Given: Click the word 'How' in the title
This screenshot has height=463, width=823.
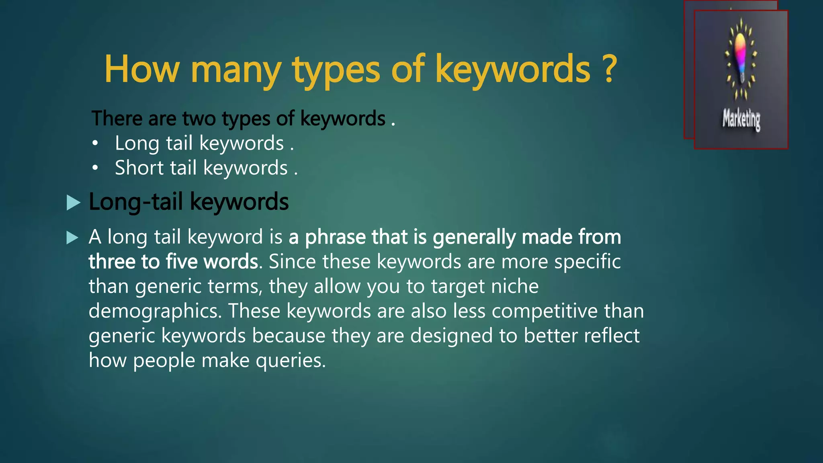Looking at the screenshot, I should click(x=141, y=69).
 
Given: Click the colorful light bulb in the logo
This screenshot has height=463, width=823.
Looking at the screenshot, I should click(x=740, y=52).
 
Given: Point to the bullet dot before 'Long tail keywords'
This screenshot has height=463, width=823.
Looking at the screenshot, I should click(x=95, y=143).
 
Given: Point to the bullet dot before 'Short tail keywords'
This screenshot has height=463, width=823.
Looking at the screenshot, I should click(x=95, y=168).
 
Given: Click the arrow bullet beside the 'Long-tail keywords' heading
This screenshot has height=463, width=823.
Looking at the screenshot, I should click(x=73, y=203).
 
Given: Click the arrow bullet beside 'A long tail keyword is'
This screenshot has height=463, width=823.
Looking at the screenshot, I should click(x=72, y=238).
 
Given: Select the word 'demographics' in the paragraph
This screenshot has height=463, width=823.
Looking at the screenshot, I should click(x=154, y=311).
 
